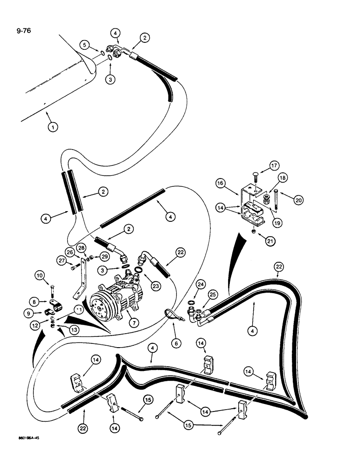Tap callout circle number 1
click(x=53, y=126)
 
